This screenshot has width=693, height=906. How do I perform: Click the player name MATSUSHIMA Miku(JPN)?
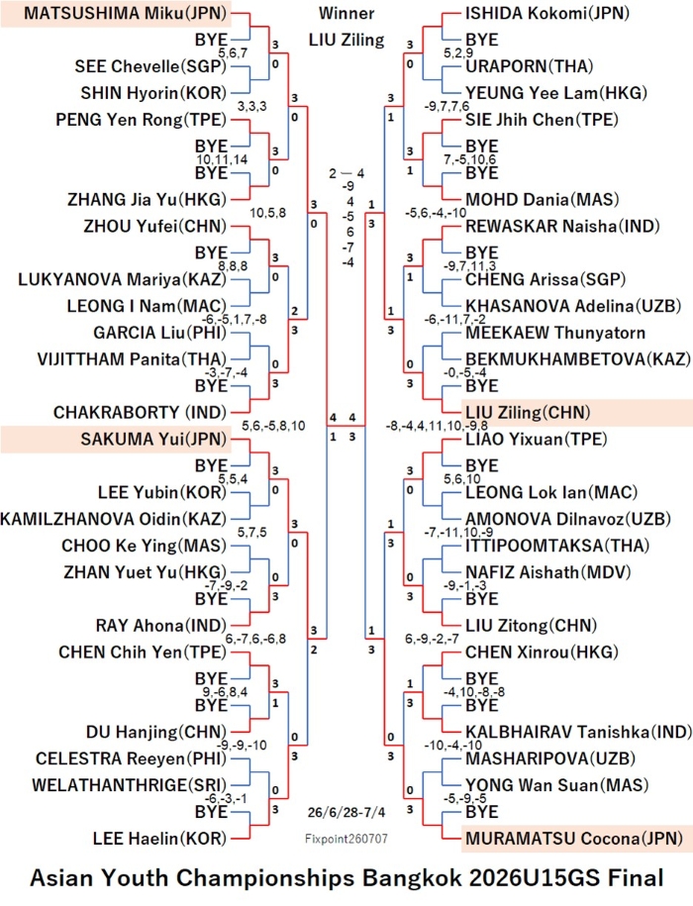tap(126, 13)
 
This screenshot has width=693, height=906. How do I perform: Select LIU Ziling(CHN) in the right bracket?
tap(528, 413)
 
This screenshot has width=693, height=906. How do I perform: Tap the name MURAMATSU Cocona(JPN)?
tap(574, 839)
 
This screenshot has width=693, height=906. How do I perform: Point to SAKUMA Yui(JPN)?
tap(153, 439)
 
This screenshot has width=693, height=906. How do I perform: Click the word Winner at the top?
tap(346, 13)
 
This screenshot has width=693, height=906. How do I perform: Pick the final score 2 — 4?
tap(346, 173)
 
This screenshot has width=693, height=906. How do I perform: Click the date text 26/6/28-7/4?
tap(346, 812)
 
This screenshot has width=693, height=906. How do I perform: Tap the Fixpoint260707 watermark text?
tap(346, 839)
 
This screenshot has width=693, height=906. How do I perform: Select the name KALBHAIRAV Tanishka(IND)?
tap(578, 732)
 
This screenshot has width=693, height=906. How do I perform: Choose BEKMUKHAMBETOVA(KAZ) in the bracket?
tap(578, 359)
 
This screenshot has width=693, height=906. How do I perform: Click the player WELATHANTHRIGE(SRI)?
tap(130, 785)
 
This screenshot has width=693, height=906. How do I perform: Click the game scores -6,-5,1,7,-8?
tap(234, 320)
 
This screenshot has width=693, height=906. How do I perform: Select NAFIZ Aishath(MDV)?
tap(548, 572)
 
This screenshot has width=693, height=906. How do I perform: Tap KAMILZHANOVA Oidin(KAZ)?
tap(114, 519)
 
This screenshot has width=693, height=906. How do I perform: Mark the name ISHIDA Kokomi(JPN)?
tap(547, 13)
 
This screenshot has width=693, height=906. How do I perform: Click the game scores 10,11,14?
tap(222, 159)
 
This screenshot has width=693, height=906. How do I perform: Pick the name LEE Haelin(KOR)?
tap(160, 839)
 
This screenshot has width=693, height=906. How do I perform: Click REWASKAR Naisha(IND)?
tap(562, 226)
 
